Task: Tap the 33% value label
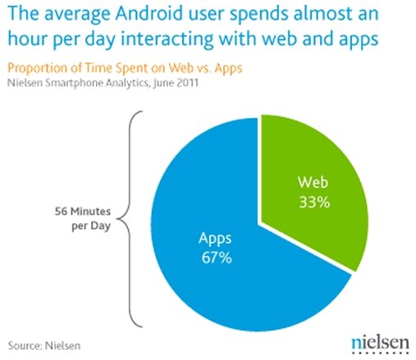[x=314, y=203]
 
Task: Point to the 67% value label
[x=217, y=257]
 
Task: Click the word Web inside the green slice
[x=313, y=182]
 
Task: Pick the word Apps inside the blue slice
[x=215, y=239]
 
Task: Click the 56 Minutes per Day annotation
[x=83, y=218]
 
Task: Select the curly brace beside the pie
[x=129, y=219]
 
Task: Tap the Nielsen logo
[x=380, y=345]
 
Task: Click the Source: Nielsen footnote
[x=44, y=345]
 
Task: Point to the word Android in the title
[x=149, y=13]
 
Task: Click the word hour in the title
[x=27, y=39]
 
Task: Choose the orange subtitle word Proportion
[x=37, y=68]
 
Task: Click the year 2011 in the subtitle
[x=187, y=82]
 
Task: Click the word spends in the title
[x=258, y=14]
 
